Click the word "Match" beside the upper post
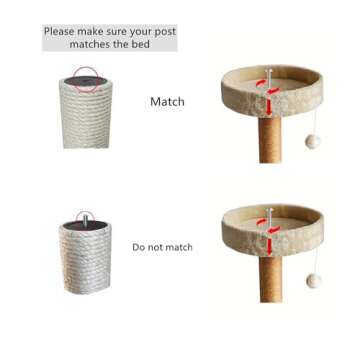click(167, 102)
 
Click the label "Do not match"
click(162, 247)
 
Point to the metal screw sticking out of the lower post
click(86, 221)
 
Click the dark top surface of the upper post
click(86, 81)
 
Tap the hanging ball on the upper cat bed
click(313, 142)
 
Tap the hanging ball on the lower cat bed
click(314, 281)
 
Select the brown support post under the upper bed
click(270, 140)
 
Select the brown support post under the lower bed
click(271, 279)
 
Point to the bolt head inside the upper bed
click(269, 71)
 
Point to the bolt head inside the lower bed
click(269, 210)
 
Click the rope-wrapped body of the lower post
click(86, 260)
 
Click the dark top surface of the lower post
click(86, 226)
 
